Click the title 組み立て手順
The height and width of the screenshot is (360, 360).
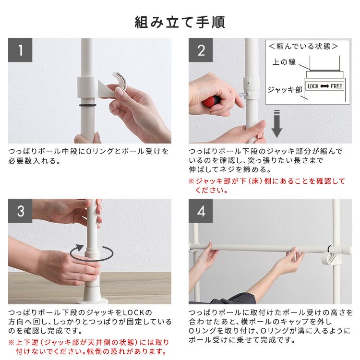point(180,22)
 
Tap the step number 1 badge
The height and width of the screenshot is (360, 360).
point(20,50)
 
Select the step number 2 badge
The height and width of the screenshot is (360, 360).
point(201,50)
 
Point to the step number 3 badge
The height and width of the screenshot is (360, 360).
point(20,211)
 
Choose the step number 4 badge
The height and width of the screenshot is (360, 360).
point(201,211)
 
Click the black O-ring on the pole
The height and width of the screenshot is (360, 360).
point(88,106)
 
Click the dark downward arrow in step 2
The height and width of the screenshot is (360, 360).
point(277,123)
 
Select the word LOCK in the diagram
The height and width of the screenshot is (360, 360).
point(313,86)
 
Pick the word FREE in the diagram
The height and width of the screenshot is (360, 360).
point(336,86)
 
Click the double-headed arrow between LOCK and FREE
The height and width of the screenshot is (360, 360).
point(324,86)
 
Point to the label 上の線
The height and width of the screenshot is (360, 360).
point(284,62)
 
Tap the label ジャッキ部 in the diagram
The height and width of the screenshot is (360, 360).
point(285,90)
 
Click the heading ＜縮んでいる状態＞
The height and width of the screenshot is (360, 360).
point(303,47)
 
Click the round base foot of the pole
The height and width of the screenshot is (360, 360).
point(92,301)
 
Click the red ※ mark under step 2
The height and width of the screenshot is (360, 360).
point(191,181)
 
